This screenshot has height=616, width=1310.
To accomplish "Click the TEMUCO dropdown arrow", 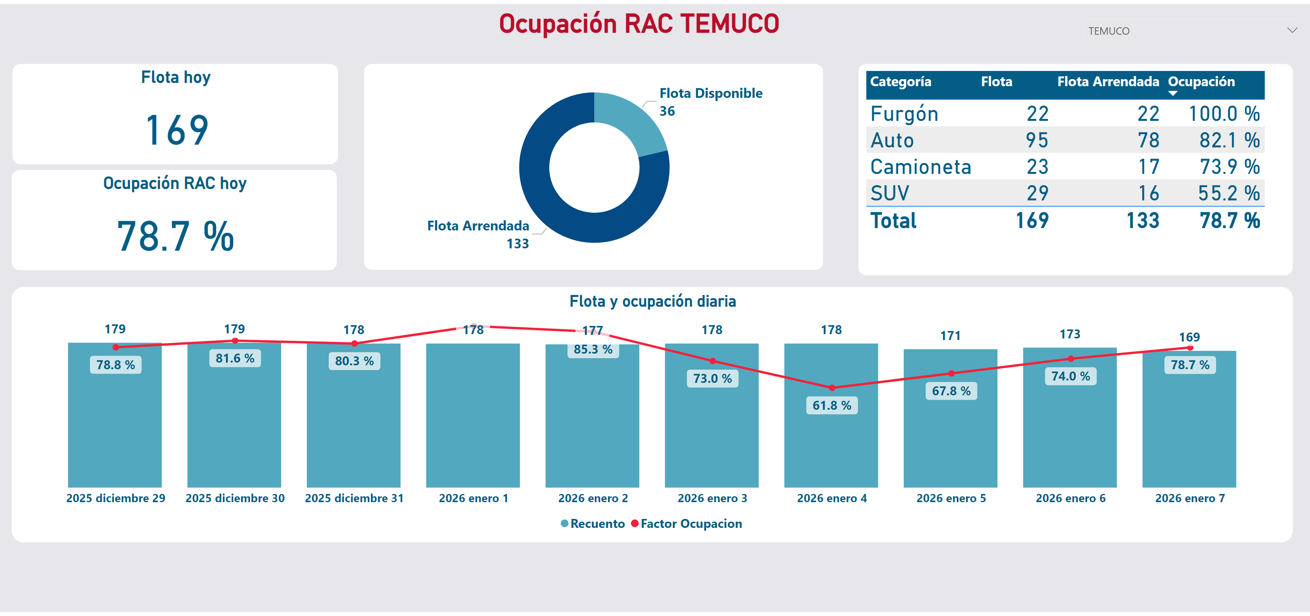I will [x=1292, y=30].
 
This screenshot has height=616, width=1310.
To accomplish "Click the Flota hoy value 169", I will [x=177, y=130].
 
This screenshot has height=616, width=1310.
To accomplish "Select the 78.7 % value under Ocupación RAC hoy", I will [x=175, y=237].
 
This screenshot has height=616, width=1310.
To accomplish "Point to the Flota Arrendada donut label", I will [x=478, y=226].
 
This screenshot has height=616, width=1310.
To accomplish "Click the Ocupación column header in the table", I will [x=1201, y=82].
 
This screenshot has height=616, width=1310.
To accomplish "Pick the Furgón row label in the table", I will [x=904, y=114].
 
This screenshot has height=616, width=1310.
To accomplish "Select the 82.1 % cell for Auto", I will [x=1229, y=140].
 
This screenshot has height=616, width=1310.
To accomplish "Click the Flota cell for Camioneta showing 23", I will [x=1037, y=167].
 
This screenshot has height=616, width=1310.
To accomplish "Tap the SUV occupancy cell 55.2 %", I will [x=1228, y=193].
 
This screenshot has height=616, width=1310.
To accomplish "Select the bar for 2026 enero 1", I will [x=473, y=414].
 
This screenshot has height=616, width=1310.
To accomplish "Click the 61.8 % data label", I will [x=832, y=405].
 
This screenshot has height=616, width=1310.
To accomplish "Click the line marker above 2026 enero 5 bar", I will [x=951, y=373].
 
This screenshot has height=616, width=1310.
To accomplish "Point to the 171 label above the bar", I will [x=950, y=336].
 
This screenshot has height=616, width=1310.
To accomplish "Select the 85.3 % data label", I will [x=593, y=349].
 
